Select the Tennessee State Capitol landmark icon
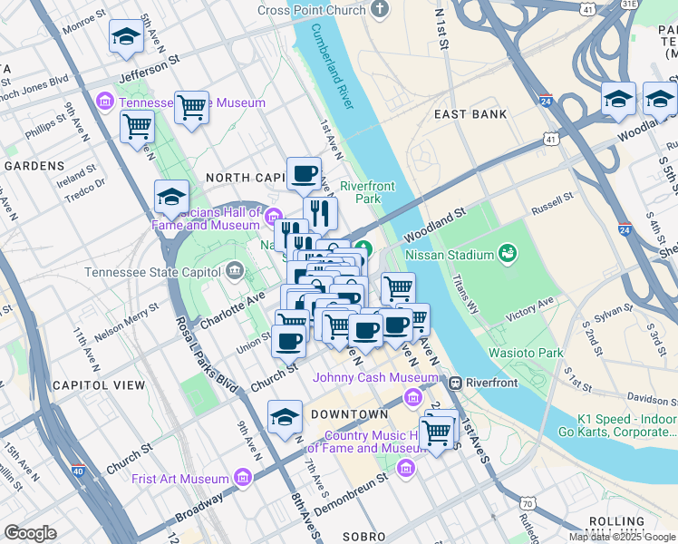235,269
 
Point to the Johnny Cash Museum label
375,377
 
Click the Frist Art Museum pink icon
242,477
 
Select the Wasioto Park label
526,353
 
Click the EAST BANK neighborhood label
470,114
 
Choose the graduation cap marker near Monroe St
126,37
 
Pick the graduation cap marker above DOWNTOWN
285,418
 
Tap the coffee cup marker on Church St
289,342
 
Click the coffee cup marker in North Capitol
304,172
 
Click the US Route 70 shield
527,502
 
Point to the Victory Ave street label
529,307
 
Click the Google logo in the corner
30,532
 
